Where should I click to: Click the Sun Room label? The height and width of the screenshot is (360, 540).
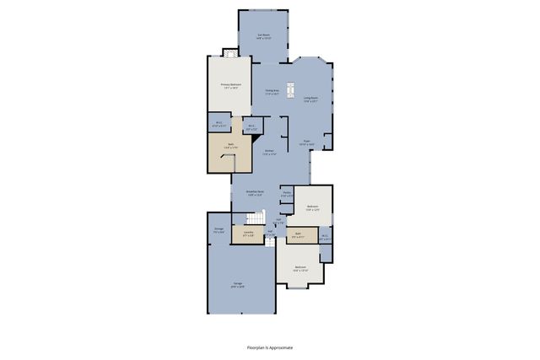point(263,36)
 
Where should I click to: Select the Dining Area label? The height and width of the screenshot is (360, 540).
point(272,92)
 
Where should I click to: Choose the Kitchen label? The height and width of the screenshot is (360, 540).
point(269,153)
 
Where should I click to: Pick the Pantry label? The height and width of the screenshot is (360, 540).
point(287,195)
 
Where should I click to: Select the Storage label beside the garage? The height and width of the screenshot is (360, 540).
point(219,230)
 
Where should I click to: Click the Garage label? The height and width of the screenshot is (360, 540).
point(239,286)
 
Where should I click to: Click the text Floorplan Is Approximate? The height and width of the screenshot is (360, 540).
point(270,347)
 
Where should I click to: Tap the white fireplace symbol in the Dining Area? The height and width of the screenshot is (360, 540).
point(292,89)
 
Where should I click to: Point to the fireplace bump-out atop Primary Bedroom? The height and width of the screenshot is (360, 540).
point(229,52)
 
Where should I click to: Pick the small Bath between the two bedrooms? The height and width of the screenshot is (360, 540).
point(298,235)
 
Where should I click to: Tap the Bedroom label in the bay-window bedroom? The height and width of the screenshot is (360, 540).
point(300,269)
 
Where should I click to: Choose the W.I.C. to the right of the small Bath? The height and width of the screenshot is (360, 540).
point(325,237)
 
